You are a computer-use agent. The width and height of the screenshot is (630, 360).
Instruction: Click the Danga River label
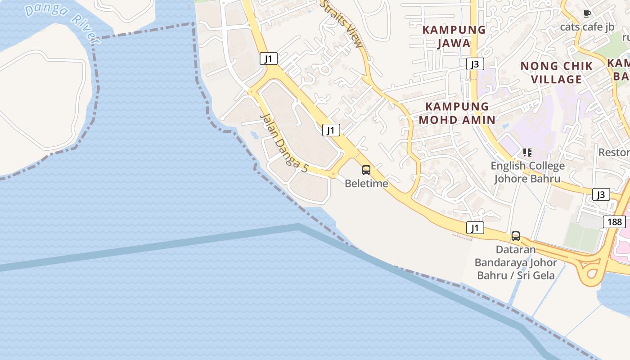pyautogui.click(x=62, y=24)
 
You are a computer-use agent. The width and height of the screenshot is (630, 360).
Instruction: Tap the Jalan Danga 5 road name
pyautogui.click(x=284, y=143)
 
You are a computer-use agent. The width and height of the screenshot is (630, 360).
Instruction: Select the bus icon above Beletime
pyautogui.click(x=366, y=170)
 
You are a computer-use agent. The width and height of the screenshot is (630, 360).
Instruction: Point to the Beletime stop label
pyautogui.click(x=366, y=184)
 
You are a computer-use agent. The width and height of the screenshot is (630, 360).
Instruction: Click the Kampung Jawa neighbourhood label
pyautogui.click(x=454, y=36)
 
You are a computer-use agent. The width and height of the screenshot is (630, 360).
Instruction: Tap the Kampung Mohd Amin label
pyautogui.click(x=457, y=113)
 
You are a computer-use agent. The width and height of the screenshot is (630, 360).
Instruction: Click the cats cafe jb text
pyautogui.click(x=587, y=27)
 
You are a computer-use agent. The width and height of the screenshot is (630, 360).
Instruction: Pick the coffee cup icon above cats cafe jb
pyautogui.click(x=587, y=14)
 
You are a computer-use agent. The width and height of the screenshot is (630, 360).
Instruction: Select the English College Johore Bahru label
pyautogui.click(x=527, y=172)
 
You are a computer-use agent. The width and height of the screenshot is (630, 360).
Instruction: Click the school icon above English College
pyautogui.click(x=527, y=153)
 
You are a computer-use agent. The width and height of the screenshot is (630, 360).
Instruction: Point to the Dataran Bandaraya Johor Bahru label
pyautogui.click(x=516, y=262)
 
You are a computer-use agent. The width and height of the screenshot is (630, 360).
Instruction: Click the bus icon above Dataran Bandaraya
pyautogui.click(x=516, y=236)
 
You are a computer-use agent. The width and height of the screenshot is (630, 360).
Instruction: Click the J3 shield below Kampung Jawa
pyautogui.click(x=475, y=64)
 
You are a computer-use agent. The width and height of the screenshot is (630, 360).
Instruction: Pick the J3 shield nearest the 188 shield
pyautogui.click(x=601, y=194)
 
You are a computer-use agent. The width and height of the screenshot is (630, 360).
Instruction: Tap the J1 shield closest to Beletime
pyautogui.click(x=331, y=130)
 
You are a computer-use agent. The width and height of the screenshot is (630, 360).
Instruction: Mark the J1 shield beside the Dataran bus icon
pyautogui.click(x=475, y=228)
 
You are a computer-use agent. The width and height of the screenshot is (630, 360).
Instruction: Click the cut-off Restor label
pyautogui.click(x=614, y=153)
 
